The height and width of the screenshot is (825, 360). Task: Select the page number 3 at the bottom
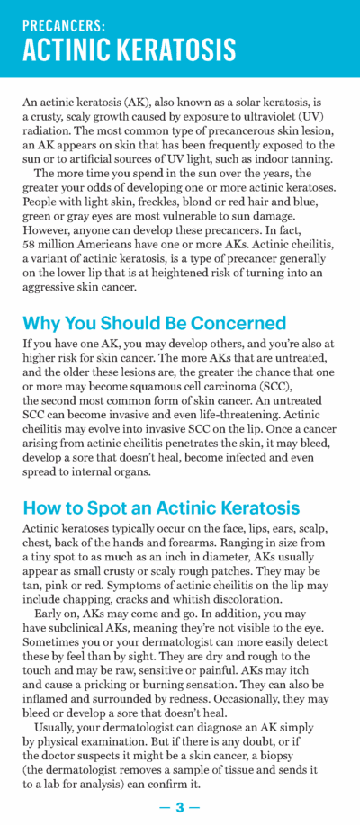pos(180,807)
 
